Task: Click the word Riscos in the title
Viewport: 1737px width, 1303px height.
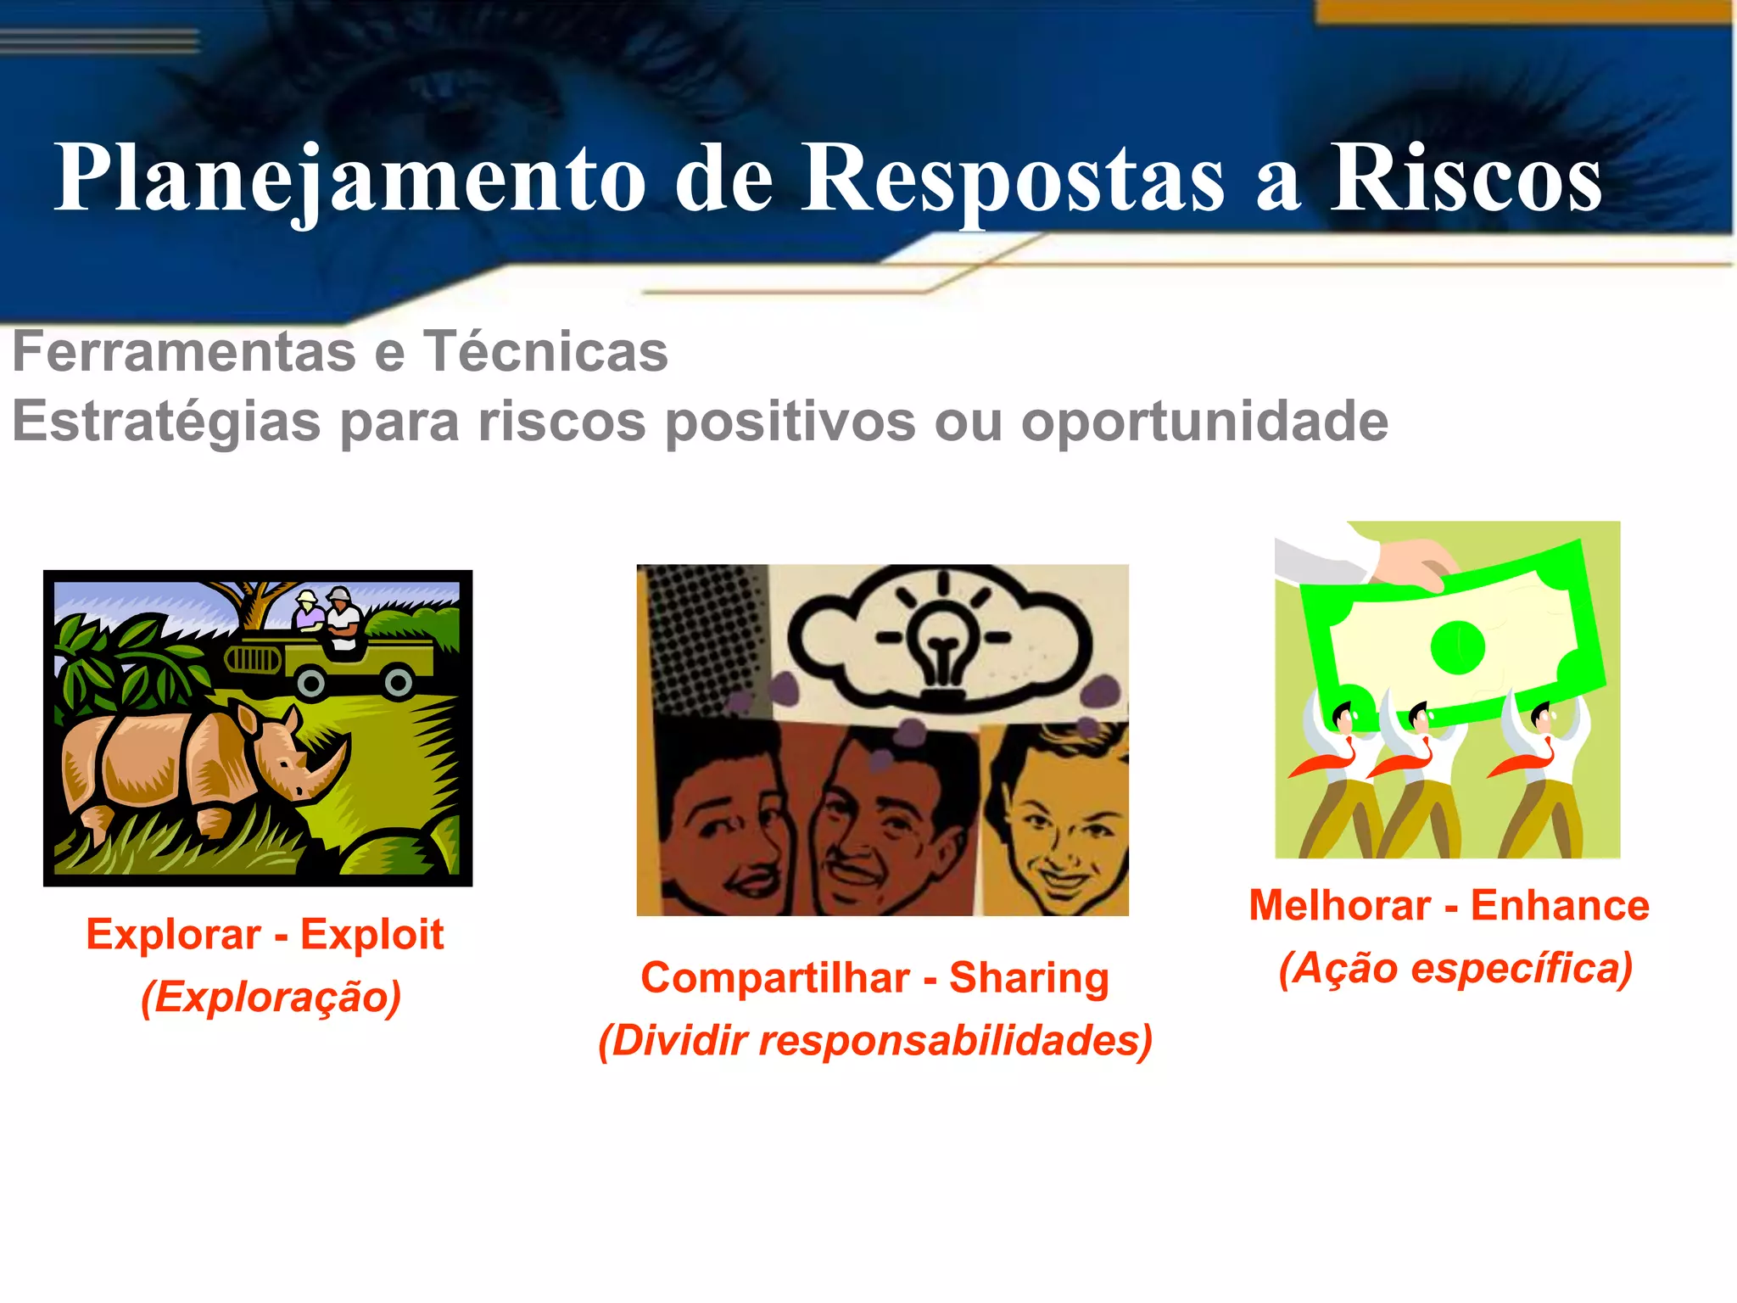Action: click(x=1465, y=178)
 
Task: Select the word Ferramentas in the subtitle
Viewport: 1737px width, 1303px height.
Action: click(x=184, y=351)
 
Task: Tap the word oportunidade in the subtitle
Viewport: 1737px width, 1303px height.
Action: click(x=1204, y=422)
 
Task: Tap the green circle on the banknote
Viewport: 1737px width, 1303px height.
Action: click(x=1457, y=646)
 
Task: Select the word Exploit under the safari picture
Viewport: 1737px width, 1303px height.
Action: click(x=371, y=935)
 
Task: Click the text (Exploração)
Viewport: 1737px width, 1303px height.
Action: click(x=271, y=997)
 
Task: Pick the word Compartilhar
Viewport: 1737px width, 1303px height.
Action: click(x=774, y=977)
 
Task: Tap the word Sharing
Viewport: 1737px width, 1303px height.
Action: click(x=1029, y=977)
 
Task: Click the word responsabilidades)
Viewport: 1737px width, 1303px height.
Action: click(x=955, y=1041)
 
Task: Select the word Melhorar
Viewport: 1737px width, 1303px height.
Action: click(x=1340, y=905)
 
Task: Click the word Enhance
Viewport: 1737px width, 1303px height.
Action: click(x=1560, y=905)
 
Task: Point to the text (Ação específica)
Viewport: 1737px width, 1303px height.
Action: click(x=1455, y=968)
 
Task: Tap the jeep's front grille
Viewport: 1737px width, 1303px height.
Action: click(x=251, y=659)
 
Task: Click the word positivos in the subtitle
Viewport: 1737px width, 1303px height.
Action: click(x=790, y=422)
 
